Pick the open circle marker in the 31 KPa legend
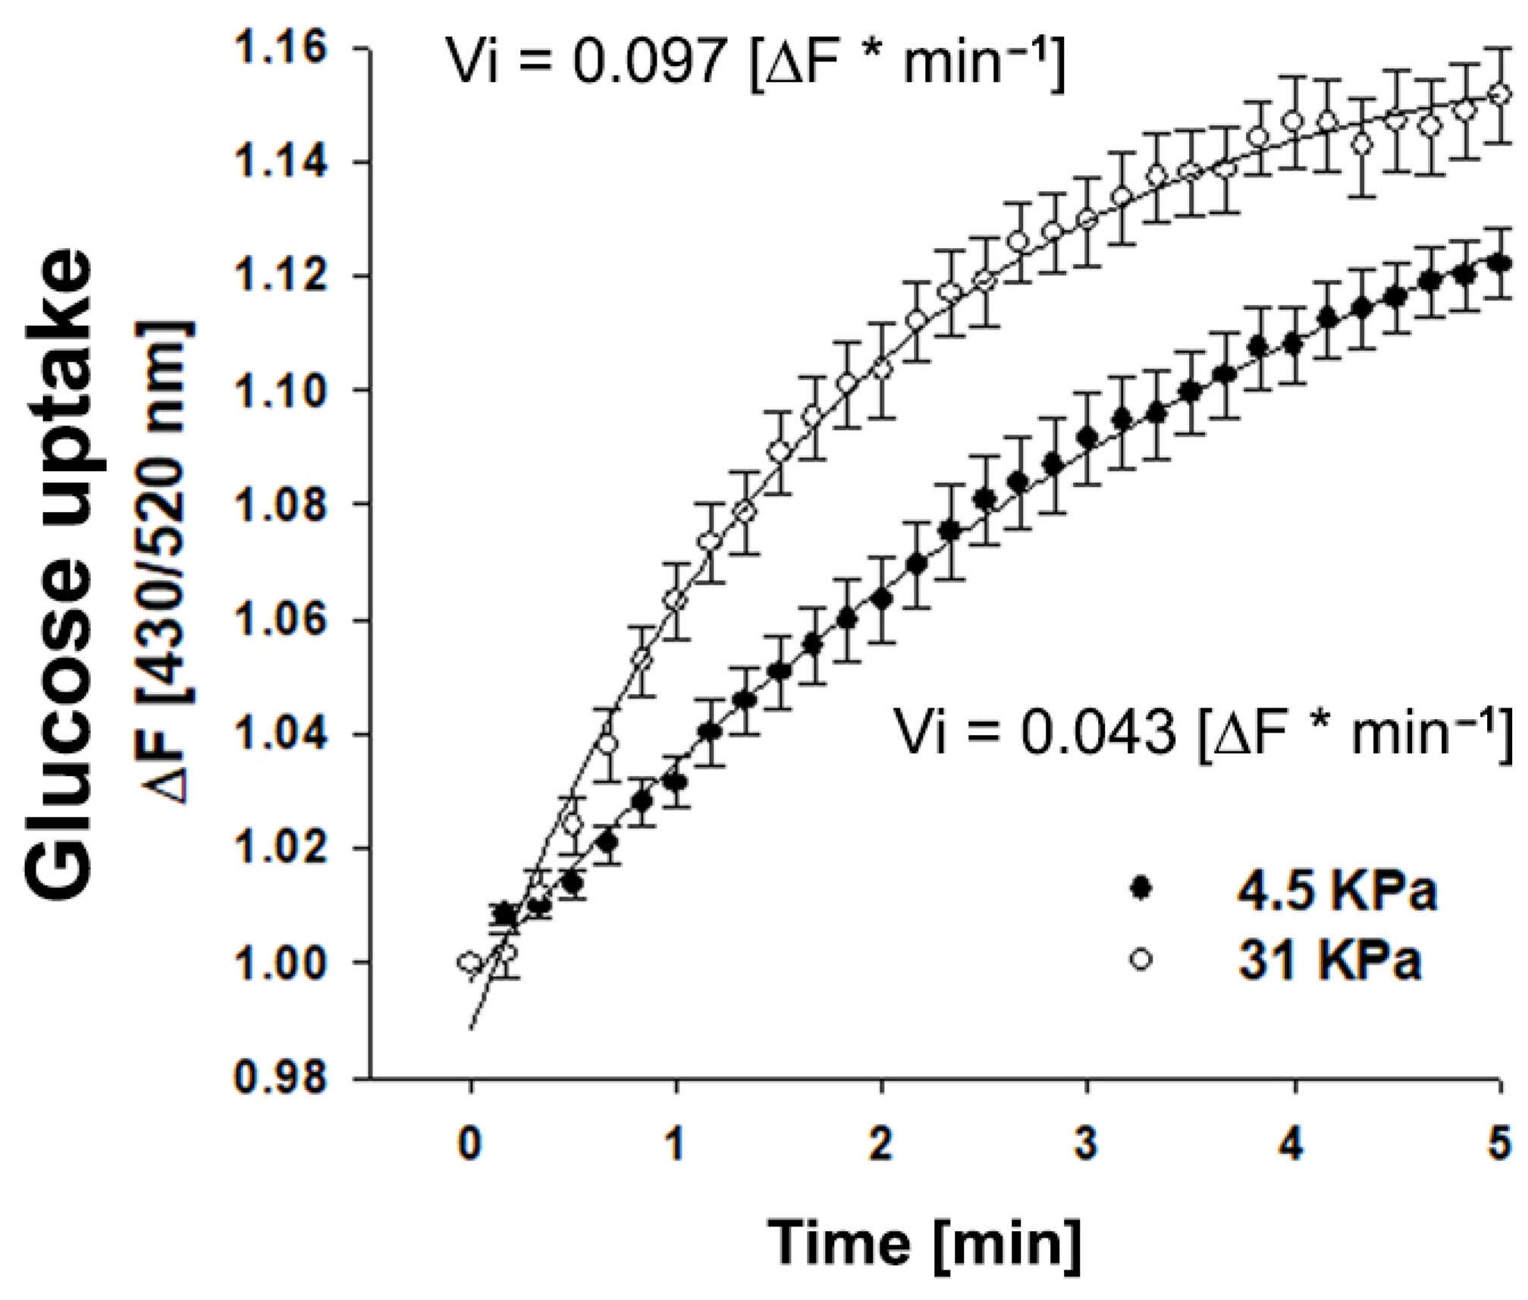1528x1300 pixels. (x=1140, y=959)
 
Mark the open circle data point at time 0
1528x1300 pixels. (x=470, y=962)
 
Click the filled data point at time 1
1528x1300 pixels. (x=676, y=781)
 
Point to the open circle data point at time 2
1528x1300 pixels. (x=882, y=369)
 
